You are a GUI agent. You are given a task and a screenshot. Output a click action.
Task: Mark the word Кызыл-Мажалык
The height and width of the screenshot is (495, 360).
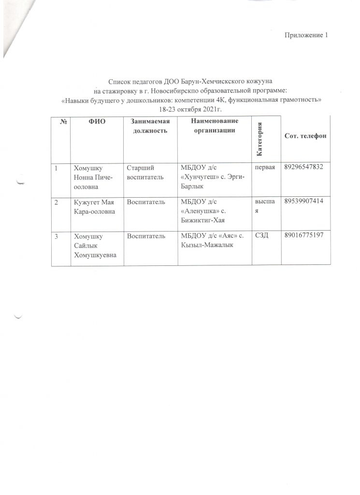click(x=204, y=245)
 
